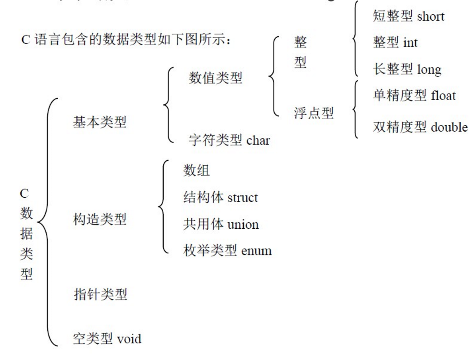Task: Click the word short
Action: [x=430, y=16]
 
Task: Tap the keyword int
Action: [x=410, y=43]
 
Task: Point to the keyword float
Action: [x=443, y=95]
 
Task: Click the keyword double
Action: [x=449, y=127]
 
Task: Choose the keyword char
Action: [x=258, y=140]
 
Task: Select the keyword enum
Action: [x=256, y=251]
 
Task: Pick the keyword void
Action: [x=129, y=339]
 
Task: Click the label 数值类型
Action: [x=215, y=78]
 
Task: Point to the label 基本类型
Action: [x=100, y=122]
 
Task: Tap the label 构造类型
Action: [x=100, y=219]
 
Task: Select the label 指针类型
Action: [x=100, y=294]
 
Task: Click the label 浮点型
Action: [x=313, y=113]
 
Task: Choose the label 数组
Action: [x=196, y=171]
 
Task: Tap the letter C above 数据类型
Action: [x=25, y=194]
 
